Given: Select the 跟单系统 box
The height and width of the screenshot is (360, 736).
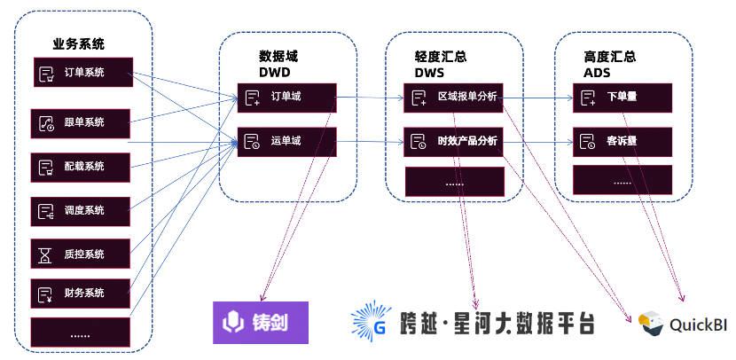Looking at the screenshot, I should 81,122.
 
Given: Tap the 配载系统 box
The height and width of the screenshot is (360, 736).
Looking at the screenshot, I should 81,166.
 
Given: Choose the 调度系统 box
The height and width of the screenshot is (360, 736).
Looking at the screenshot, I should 81,210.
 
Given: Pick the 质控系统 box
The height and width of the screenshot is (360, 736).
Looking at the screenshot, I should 81,254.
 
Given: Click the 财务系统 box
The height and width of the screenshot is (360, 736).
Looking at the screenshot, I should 81,293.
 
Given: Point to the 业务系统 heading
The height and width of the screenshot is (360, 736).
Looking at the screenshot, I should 78,43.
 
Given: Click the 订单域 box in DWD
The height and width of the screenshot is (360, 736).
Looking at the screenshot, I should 286,97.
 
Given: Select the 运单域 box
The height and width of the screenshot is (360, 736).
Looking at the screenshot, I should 286,141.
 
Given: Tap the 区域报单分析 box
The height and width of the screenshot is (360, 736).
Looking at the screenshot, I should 454,97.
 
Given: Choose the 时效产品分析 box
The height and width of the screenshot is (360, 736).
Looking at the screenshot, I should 454,141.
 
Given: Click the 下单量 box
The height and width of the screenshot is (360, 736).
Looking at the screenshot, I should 622,97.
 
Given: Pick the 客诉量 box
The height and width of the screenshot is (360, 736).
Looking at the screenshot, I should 622,141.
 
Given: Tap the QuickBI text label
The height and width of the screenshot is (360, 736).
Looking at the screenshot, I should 698,325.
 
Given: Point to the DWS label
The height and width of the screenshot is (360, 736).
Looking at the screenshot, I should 430,72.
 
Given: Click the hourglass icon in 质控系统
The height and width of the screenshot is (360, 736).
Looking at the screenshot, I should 45,254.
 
